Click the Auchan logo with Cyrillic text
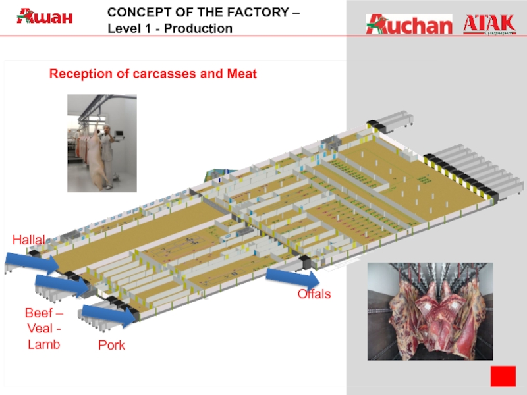pyautogui.click(x=45, y=16)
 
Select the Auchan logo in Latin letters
pyautogui.click(x=409, y=24)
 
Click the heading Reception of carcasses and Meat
pyautogui.click(x=153, y=74)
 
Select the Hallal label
pyautogui.click(x=28, y=240)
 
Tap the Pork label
pyautogui.click(x=111, y=345)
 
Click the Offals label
pyautogui.click(x=314, y=294)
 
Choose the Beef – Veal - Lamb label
pyautogui.click(x=43, y=327)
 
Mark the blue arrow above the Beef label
pyautogui.click(x=61, y=284)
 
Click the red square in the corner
pyautogui.click(x=503, y=377)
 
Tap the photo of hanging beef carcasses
pyautogui.click(x=430, y=311)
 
